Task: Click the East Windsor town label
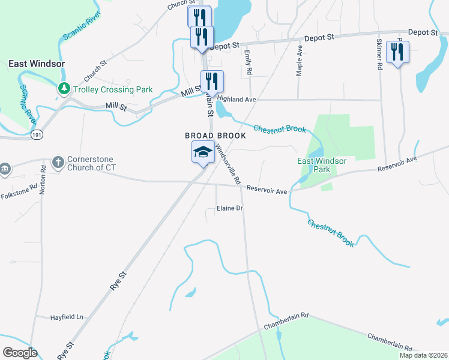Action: [36, 64]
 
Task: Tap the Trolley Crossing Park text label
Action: [113, 90]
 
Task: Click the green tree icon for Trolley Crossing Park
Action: [64, 89]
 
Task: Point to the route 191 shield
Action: [37, 136]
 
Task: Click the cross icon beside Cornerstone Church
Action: [58, 161]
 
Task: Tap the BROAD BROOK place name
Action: [215, 136]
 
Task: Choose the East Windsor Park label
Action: [322, 165]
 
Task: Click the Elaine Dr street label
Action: [229, 209]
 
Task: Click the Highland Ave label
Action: [237, 98]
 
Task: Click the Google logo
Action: [20, 353]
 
